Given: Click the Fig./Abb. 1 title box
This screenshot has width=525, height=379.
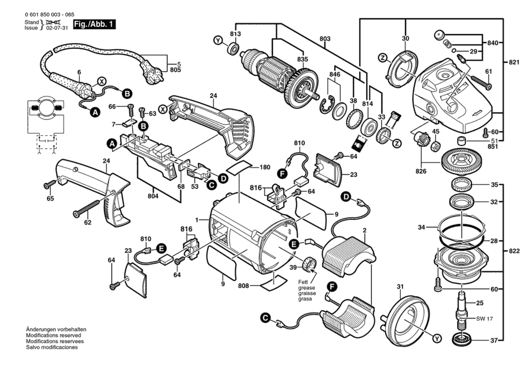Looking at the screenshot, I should (x=94, y=24).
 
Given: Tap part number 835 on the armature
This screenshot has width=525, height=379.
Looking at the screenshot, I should (x=302, y=59).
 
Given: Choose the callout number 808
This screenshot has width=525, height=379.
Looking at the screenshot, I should (x=243, y=286).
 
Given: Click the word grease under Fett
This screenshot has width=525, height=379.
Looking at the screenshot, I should (x=306, y=288).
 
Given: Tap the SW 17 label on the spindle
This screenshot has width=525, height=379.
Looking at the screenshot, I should (x=484, y=319).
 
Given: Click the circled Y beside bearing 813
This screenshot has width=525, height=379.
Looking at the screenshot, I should (x=218, y=41).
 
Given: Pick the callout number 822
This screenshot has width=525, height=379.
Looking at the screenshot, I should (x=514, y=251).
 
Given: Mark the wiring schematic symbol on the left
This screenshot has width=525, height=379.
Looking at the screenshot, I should (x=46, y=124).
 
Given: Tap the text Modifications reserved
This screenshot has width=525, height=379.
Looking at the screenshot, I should (x=53, y=335).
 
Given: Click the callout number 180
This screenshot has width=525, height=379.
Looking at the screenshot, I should (x=265, y=167).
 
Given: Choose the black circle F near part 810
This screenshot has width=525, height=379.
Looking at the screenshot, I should (x=282, y=173).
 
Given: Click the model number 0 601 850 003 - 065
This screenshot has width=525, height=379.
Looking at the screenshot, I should (x=50, y=15).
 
